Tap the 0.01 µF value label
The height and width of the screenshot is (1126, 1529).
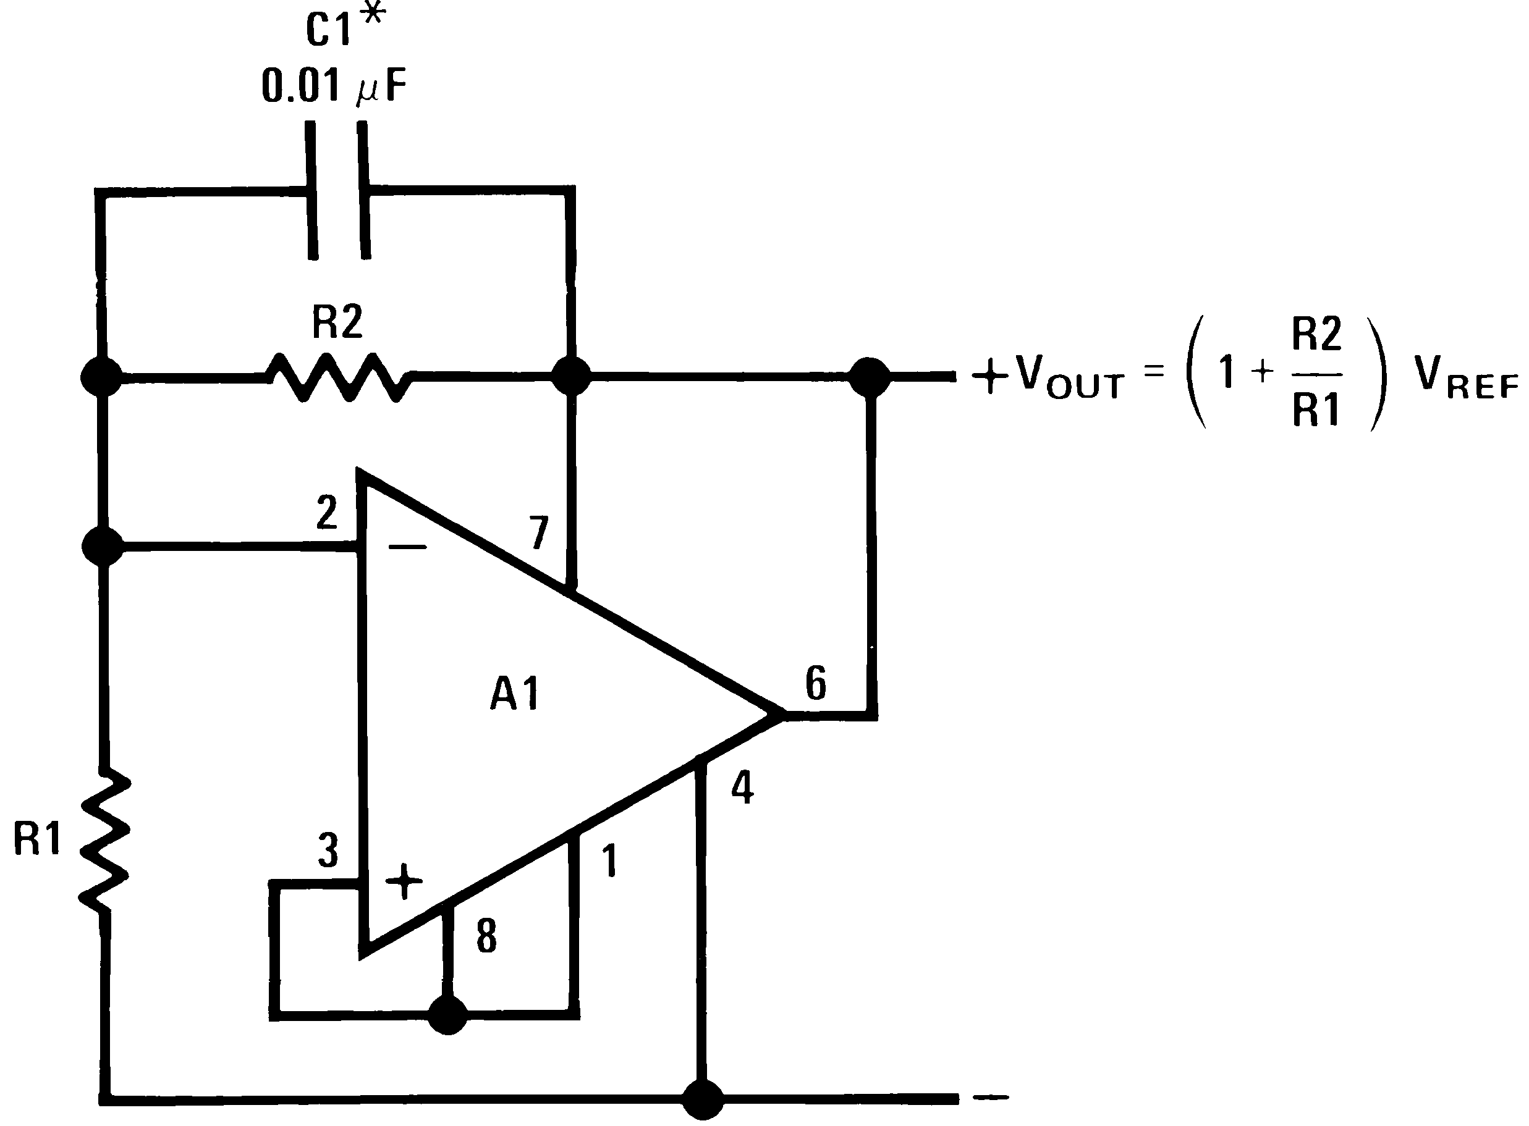point(334,87)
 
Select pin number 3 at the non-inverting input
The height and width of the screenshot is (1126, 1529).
point(328,851)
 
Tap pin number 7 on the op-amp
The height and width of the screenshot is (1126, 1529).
point(539,532)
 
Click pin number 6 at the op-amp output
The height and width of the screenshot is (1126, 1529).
point(816,683)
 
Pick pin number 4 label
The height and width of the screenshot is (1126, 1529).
point(742,789)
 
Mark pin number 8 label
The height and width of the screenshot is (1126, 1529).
point(486,936)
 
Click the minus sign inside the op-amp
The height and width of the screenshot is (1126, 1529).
point(407,546)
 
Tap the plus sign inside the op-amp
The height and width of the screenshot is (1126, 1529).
point(404,881)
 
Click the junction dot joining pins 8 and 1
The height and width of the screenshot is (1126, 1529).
point(448,1015)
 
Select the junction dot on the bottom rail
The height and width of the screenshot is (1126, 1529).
point(703,1099)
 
